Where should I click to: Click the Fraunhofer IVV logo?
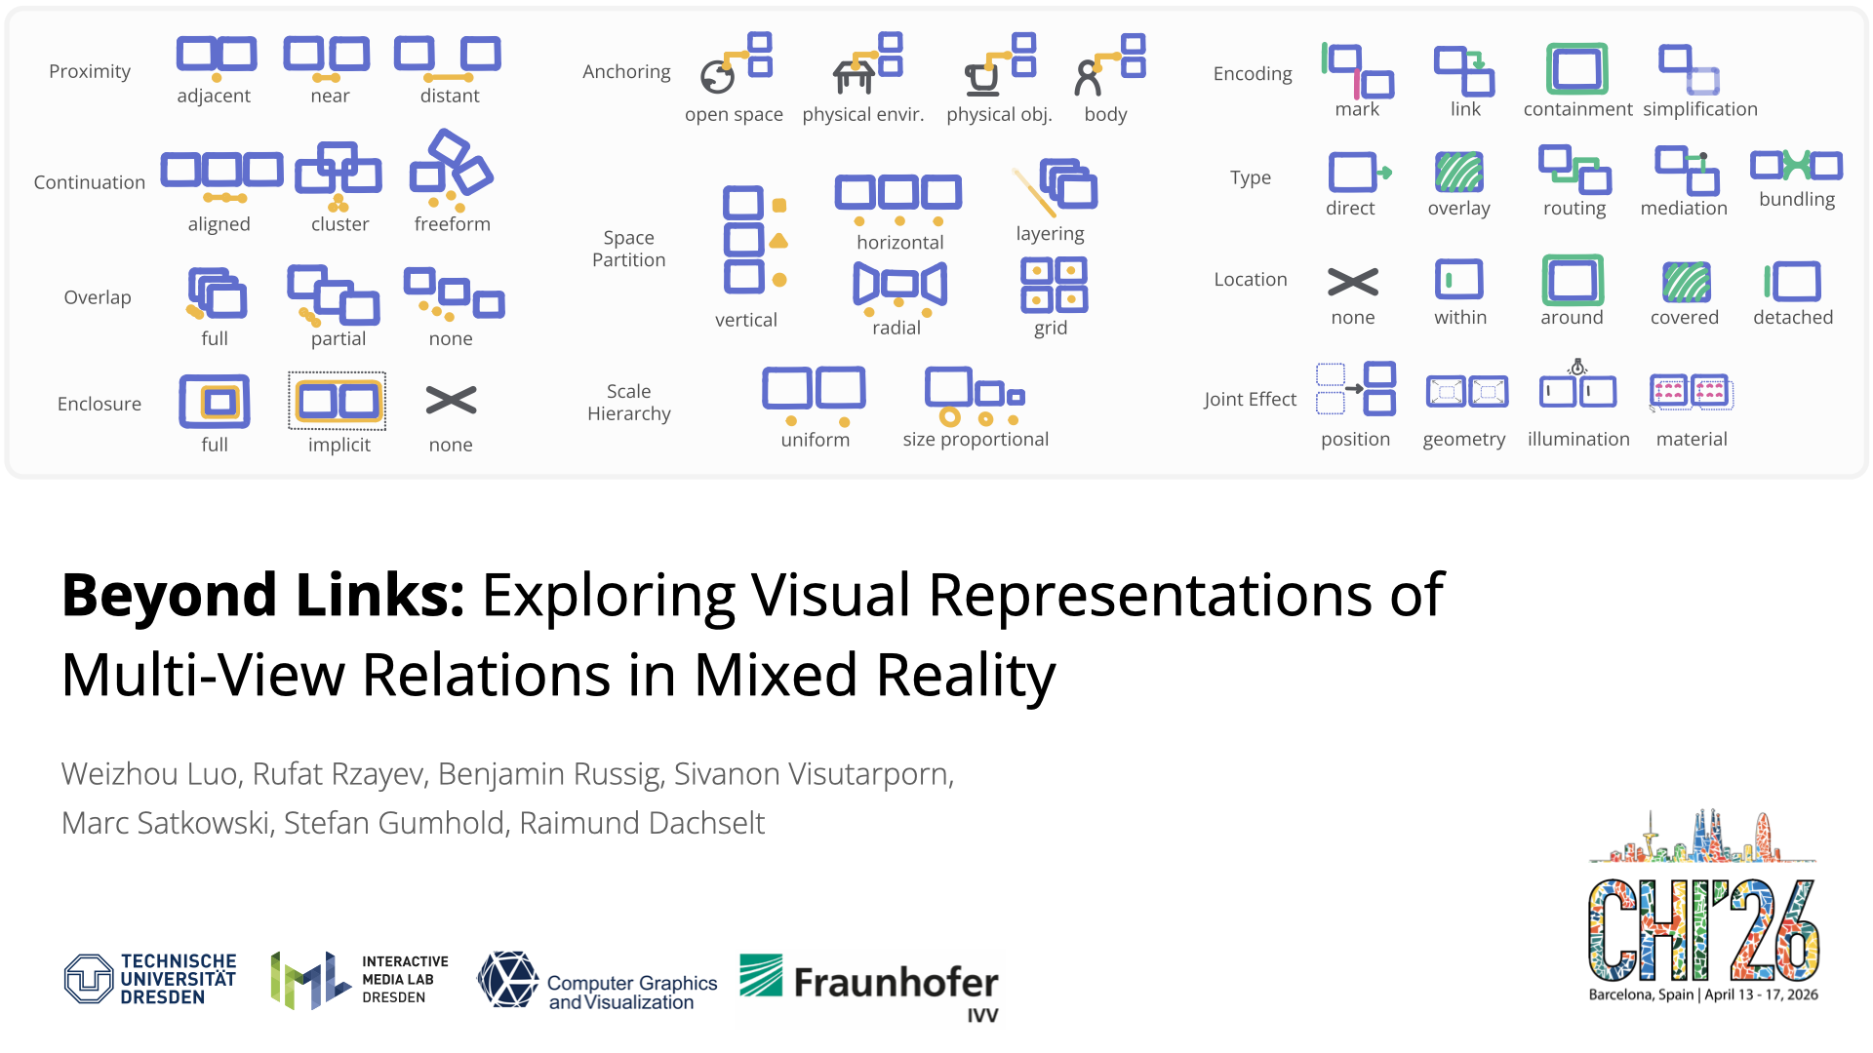[869, 987]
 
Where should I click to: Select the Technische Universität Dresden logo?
[150, 979]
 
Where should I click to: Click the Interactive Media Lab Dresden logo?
[359, 979]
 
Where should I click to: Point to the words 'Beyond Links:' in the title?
[262, 595]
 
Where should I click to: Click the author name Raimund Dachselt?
[642, 823]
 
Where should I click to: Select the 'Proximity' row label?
[90, 71]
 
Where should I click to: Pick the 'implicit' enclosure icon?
[338, 401]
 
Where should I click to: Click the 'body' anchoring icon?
[1110, 64]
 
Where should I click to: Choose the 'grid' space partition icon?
[1054, 285]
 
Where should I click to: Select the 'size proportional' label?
[976, 440]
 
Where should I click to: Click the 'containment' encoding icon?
[1576, 69]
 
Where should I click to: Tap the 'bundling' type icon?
[1796, 166]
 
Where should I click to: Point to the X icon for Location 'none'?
[1353, 283]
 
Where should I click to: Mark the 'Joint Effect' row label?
[1250, 399]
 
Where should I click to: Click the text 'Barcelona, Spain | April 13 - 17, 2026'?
[1703, 994]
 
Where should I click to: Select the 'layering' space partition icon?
[1056, 186]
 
